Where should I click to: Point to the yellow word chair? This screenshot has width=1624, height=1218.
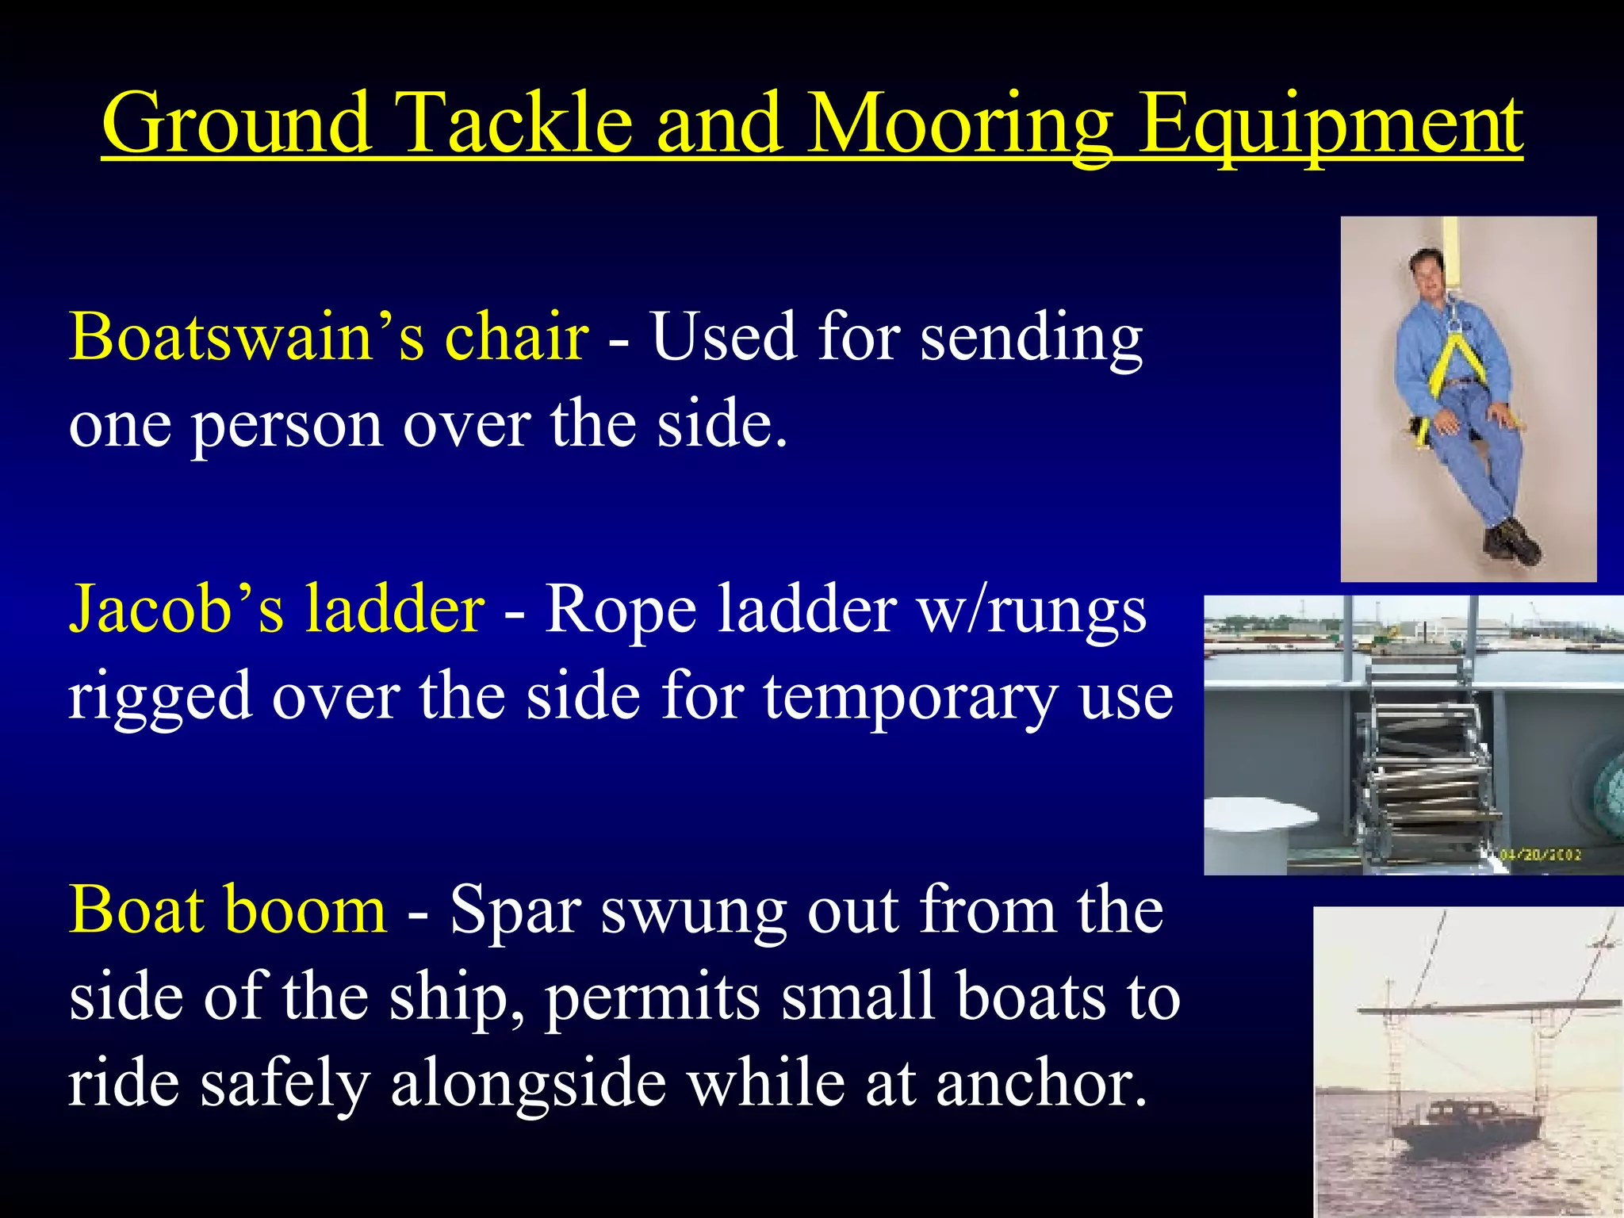click(x=516, y=336)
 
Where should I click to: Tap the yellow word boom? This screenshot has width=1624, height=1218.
click(x=307, y=909)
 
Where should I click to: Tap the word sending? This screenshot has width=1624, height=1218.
click(x=1031, y=336)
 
